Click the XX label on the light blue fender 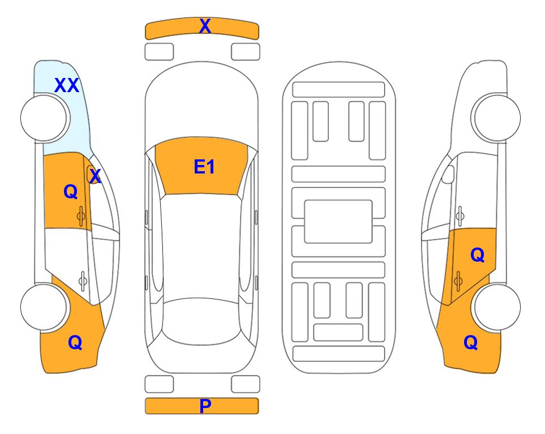coord(67,85)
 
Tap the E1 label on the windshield coord(204,167)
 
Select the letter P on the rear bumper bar coord(205,406)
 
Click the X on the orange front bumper coord(205,26)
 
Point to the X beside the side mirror coord(95,176)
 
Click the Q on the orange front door coord(71,192)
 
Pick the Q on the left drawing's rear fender coord(75,342)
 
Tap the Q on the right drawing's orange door coord(478,255)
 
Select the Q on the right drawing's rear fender coord(471,342)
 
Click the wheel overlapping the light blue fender coord(44,118)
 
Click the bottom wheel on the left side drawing coord(44,307)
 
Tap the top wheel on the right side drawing coord(497,118)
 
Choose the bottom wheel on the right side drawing coord(497,307)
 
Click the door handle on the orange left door coord(81,216)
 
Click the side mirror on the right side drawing coord(448,175)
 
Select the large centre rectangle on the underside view coord(338,222)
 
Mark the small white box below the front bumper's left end coord(159,52)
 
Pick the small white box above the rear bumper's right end coord(246,384)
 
